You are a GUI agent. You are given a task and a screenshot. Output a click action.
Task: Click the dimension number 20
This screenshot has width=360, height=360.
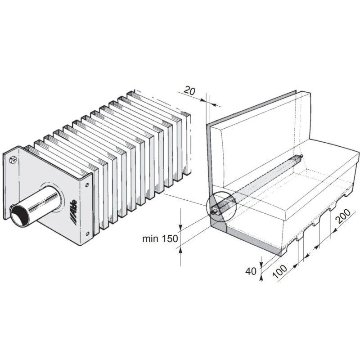click(x=189, y=90)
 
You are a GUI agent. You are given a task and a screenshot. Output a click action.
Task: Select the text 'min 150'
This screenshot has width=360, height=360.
click(x=160, y=239)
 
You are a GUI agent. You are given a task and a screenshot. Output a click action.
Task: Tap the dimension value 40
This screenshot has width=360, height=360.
click(x=251, y=271)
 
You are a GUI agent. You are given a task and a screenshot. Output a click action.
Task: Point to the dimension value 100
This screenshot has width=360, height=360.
click(x=279, y=271)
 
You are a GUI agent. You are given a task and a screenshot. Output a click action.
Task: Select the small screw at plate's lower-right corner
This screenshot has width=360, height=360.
click(x=87, y=234)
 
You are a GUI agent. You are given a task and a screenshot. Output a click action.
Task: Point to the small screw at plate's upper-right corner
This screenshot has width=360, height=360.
click(x=87, y=184)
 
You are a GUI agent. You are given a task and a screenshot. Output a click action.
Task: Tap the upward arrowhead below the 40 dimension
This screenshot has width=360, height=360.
click(x=261, y=278)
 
